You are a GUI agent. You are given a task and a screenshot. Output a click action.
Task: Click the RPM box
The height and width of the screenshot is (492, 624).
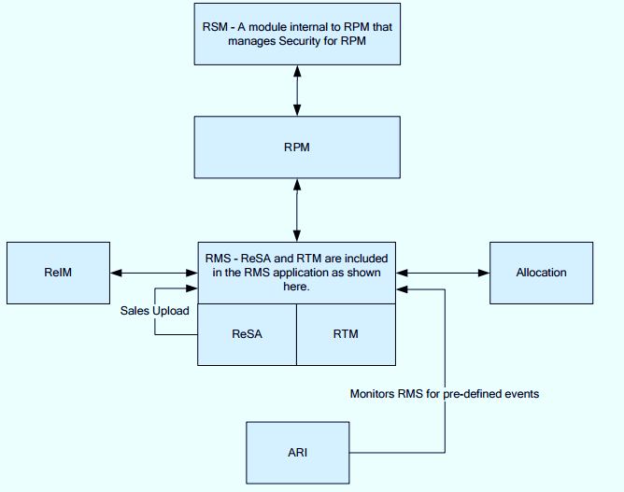click(297, 148)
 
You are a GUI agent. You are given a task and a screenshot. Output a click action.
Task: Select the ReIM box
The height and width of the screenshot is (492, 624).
click(58, 273)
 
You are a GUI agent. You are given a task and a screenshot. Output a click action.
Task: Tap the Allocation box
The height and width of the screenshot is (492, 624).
click(541, 273)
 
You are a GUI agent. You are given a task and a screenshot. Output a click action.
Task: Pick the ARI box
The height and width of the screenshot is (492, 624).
click(297, 453)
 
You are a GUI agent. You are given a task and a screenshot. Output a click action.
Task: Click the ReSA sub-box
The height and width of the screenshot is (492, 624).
click(247, 333)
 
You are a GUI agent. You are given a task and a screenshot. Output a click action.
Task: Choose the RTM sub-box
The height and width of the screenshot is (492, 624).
click(345, 333)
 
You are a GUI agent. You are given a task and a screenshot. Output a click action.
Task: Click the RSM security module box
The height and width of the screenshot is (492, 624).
click(297, 34)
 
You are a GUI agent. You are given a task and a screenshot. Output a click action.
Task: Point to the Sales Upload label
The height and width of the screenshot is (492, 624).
click(154, 310)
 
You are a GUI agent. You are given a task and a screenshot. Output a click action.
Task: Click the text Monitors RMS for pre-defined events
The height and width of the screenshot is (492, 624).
click(444, 394)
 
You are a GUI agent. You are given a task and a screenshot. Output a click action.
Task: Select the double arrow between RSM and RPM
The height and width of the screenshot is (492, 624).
click(297, 91)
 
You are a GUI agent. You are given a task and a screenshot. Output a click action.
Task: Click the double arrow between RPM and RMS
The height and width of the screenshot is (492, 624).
click(297, 209)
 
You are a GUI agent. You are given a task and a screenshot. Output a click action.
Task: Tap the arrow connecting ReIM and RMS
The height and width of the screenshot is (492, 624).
click(153, 273)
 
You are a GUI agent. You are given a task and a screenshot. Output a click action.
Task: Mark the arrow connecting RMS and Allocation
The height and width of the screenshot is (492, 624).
click(443, 273)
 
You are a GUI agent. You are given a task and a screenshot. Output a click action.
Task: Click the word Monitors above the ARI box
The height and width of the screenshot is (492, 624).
click(371, 394)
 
